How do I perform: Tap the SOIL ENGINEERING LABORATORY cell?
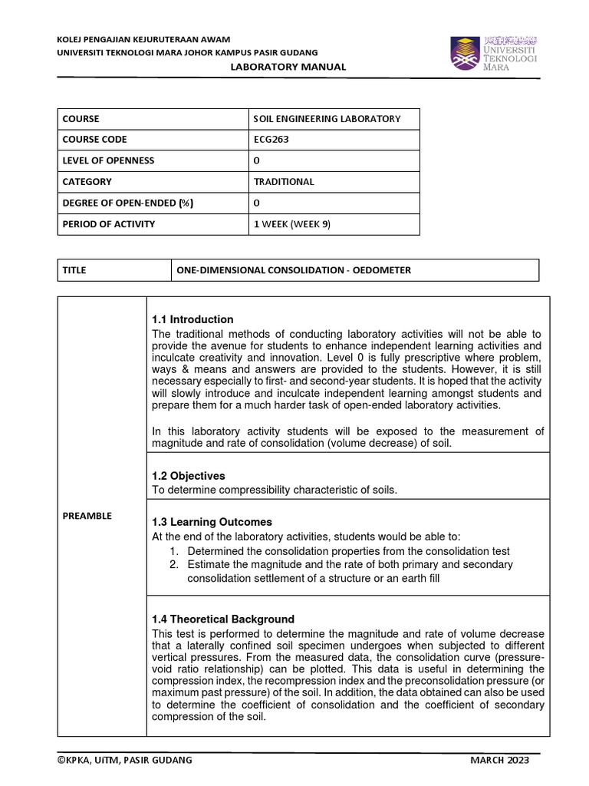327,119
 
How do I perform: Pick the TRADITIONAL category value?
284,182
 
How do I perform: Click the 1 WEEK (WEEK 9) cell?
291,224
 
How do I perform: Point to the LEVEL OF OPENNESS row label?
108,160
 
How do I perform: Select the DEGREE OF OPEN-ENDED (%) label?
127,203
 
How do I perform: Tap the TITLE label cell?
74,270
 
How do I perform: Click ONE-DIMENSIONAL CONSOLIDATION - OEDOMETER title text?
294,270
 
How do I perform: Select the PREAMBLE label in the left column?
87,516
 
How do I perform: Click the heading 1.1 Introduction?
192,319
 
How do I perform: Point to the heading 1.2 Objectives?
189,476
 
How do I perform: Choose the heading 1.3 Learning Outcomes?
212,522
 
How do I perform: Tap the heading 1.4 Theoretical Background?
223,619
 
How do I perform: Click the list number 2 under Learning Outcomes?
174,564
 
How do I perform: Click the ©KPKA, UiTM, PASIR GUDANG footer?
125,760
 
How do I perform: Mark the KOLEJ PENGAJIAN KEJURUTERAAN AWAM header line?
144,40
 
